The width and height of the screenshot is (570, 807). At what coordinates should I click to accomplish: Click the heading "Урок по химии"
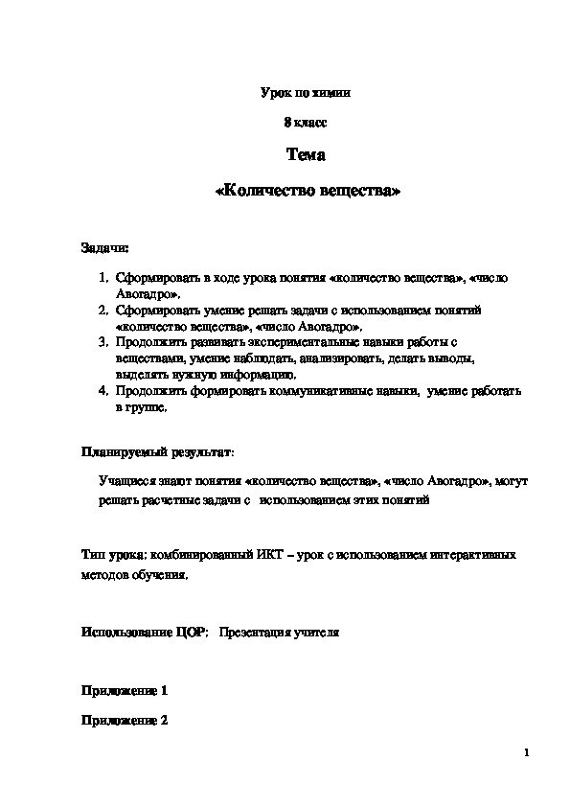point(306,94)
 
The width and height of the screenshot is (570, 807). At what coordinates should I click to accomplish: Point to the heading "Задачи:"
point(104,248)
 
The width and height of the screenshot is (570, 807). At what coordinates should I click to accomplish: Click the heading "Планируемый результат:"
point(157,450)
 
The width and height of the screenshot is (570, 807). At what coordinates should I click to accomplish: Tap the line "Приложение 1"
point(125,690)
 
